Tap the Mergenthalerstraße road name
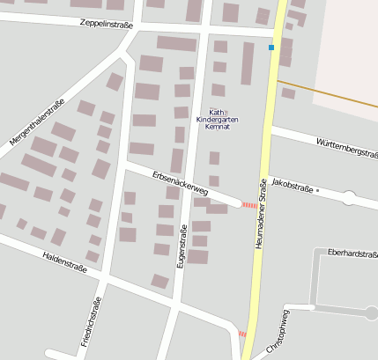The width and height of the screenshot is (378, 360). pos(37,122)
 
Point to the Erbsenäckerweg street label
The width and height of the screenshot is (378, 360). pos(180,183)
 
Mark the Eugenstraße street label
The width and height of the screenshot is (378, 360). pos(183,246)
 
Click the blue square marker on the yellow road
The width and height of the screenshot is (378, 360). pos(271,48)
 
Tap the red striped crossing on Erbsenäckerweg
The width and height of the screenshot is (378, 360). pos(249,205)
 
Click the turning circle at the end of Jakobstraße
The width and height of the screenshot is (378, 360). pos(348,198)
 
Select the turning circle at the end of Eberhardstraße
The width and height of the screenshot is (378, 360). pos(372,312)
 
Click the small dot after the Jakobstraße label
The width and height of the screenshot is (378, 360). pos(317,189)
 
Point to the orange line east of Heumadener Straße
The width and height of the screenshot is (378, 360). pos(335,97)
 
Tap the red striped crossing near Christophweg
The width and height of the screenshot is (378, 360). pos(242,334)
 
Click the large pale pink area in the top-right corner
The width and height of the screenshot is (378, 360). pos(348,53)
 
